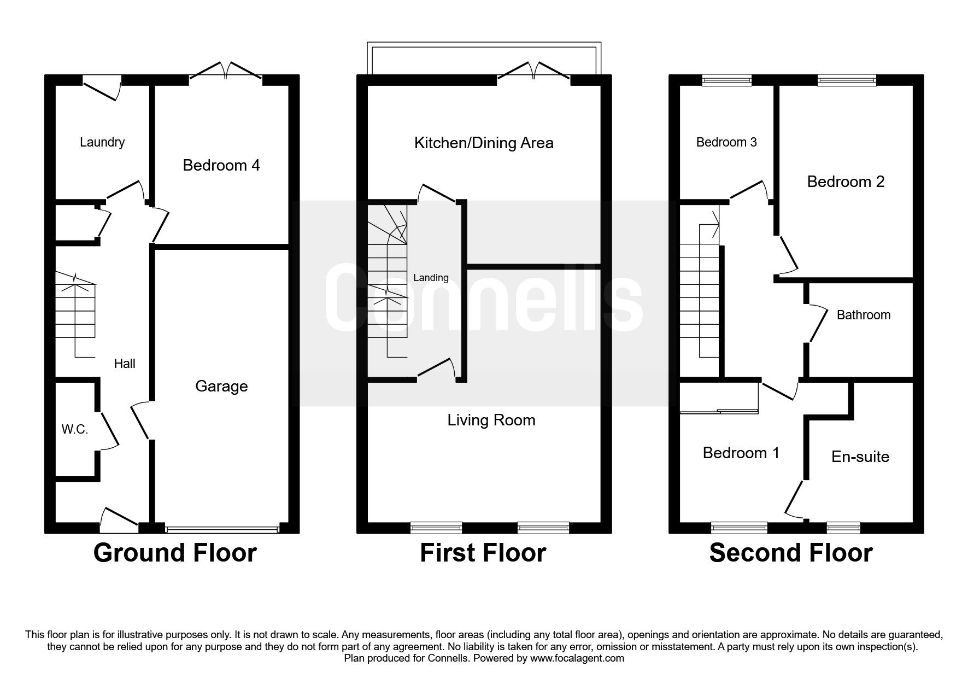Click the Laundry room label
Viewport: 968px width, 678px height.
[x=102, y=142]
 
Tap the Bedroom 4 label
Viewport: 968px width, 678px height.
[x=221, y=165]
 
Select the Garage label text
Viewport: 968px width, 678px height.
[x=221, y=387]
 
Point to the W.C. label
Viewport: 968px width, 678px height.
[x=75, y=430]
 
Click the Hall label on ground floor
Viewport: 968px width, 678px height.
[x=125, y=364]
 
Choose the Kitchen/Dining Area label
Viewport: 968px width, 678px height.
[x=484, y=143]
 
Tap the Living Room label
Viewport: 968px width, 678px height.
[x=491, y=420]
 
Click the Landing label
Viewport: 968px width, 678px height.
[x=431, y=278]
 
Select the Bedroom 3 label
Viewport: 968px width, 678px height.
[x=726, y=142]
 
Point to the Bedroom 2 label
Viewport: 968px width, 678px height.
[x=846, y=182]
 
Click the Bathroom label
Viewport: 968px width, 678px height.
[x=864, y=315]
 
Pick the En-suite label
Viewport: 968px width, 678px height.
[x=860, y=457]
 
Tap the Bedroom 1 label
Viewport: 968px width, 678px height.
[x=741, y=453]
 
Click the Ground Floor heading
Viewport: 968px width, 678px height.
[x=175, y=553]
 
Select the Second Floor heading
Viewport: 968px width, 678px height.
[x=791, y=553]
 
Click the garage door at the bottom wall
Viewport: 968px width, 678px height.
[x=222, y=529]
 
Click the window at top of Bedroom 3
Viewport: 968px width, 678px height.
[x=727, y=80]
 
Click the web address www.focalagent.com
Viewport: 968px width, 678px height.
[x=577, y=658]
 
